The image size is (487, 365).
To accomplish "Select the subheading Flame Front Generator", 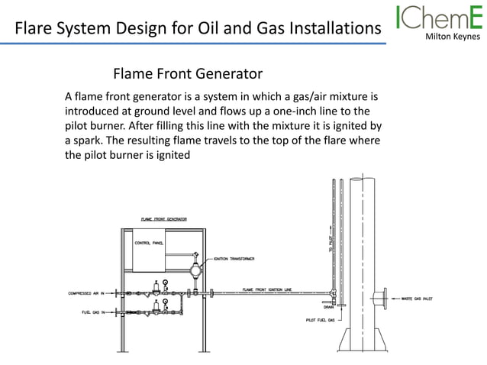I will tap(188, 74).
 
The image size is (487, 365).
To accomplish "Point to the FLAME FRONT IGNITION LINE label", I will tap(266, 289).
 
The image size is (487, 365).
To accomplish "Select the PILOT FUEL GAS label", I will tap(320, 319).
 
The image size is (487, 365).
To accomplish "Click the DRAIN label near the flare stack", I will tap(328, 305).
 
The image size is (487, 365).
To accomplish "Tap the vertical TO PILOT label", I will tap(331, 241).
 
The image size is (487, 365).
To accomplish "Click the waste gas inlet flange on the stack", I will tap(382, 297).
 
